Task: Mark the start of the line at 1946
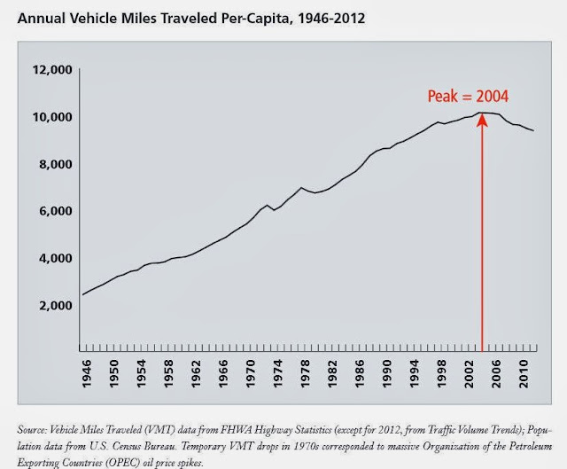pos(84,294)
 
